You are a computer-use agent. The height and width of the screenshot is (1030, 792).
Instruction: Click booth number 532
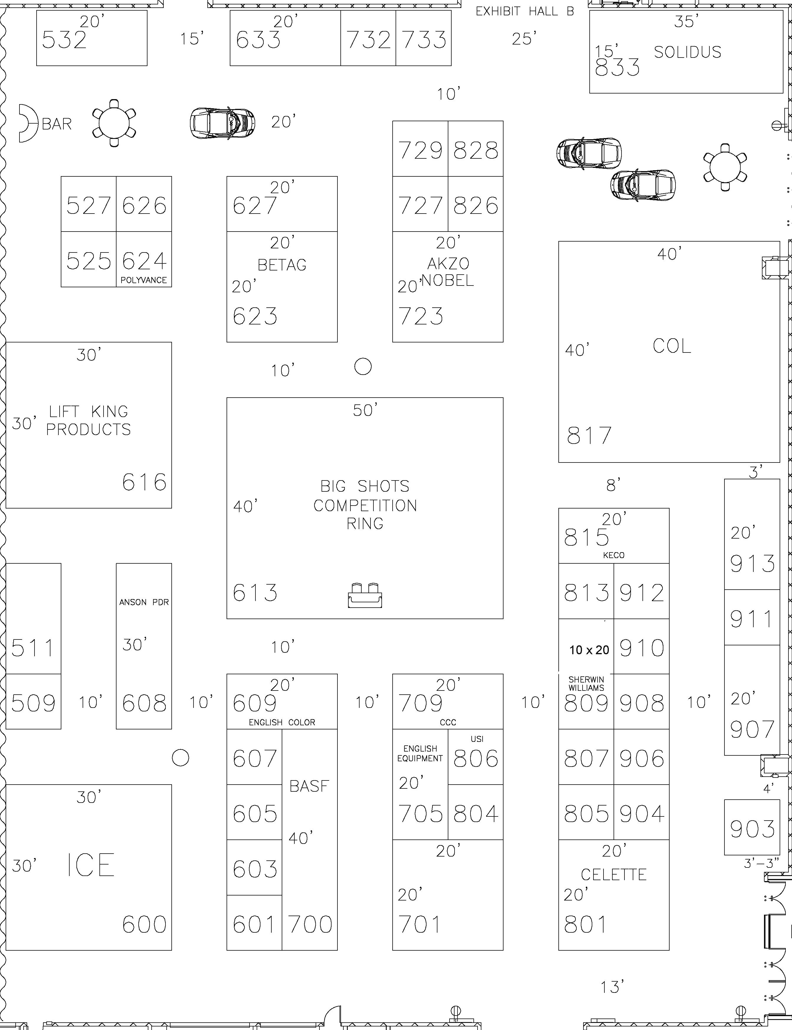click(64, 40)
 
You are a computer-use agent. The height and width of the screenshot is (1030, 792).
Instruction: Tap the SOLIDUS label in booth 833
click(687, 52)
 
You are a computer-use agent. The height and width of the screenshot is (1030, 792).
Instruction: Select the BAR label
click(57, 124)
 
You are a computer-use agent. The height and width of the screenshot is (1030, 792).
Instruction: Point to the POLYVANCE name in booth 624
click(143, 280)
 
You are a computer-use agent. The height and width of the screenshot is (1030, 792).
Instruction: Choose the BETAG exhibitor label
click(282, 265)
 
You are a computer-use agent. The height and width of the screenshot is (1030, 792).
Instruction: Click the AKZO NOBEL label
click(447, 272)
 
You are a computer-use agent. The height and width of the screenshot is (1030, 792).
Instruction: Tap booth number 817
click(589, 436)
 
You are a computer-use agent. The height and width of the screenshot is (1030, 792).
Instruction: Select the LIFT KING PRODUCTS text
click(88, 421)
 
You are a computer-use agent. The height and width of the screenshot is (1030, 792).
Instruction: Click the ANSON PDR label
click(144, 602)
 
